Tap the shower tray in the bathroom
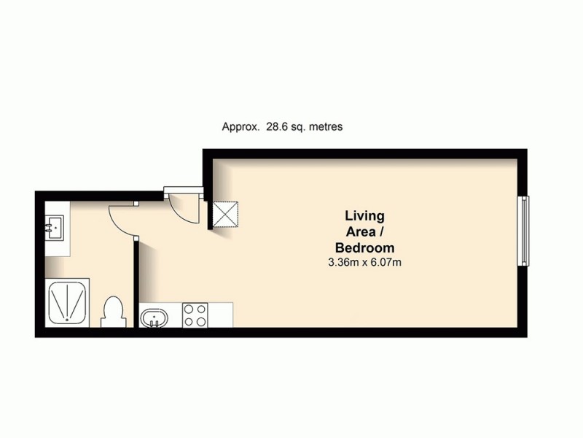(x=69, y=303)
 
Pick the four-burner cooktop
(x=195, y=315)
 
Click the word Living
(x=364, y=216)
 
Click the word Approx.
(x=240, y=126)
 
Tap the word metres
(x=325, y=126)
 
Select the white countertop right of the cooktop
(x=221, y=315)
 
